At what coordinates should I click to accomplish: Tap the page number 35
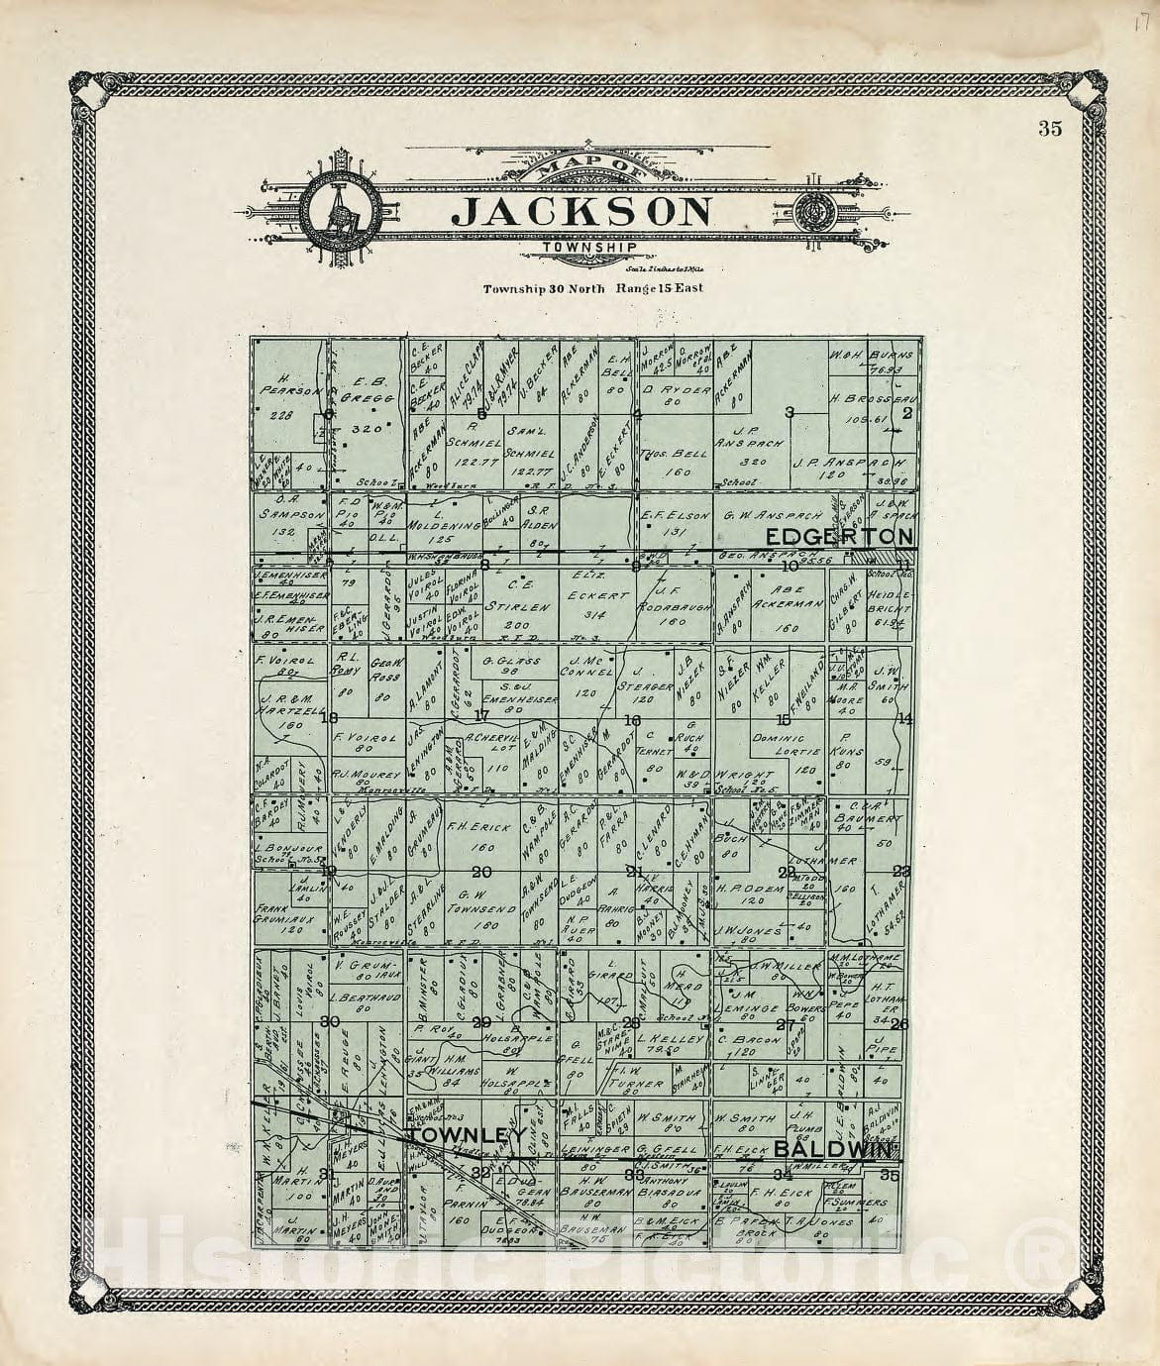[1051, 127]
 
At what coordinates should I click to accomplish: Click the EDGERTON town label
[837, 536]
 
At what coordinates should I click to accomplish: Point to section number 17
[482, 714]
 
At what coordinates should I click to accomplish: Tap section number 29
[482, 1022]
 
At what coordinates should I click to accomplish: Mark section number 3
[791, 411]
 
